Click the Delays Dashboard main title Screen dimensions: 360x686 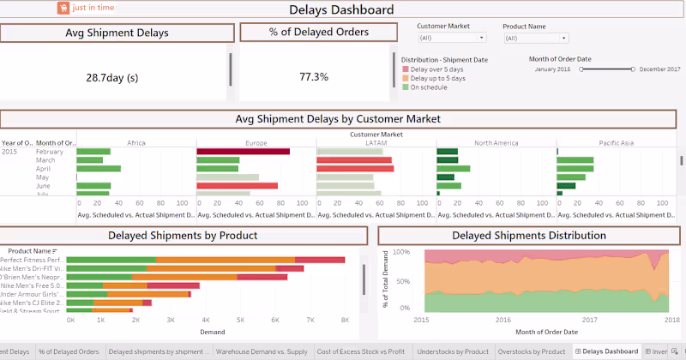coord(341,10)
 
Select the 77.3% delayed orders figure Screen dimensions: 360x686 coord(314,76)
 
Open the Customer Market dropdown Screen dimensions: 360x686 coord(452,38)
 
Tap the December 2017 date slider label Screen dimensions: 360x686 coord(660,69)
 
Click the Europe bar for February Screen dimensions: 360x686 coord(243,152)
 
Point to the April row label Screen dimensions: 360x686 coord(45,169)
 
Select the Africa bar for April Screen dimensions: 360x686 coord(99,169)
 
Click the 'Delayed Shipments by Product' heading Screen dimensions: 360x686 coord(183,235)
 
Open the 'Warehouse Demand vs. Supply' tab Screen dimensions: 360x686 coord(261,351)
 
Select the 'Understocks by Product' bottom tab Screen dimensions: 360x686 coord(453,351)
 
